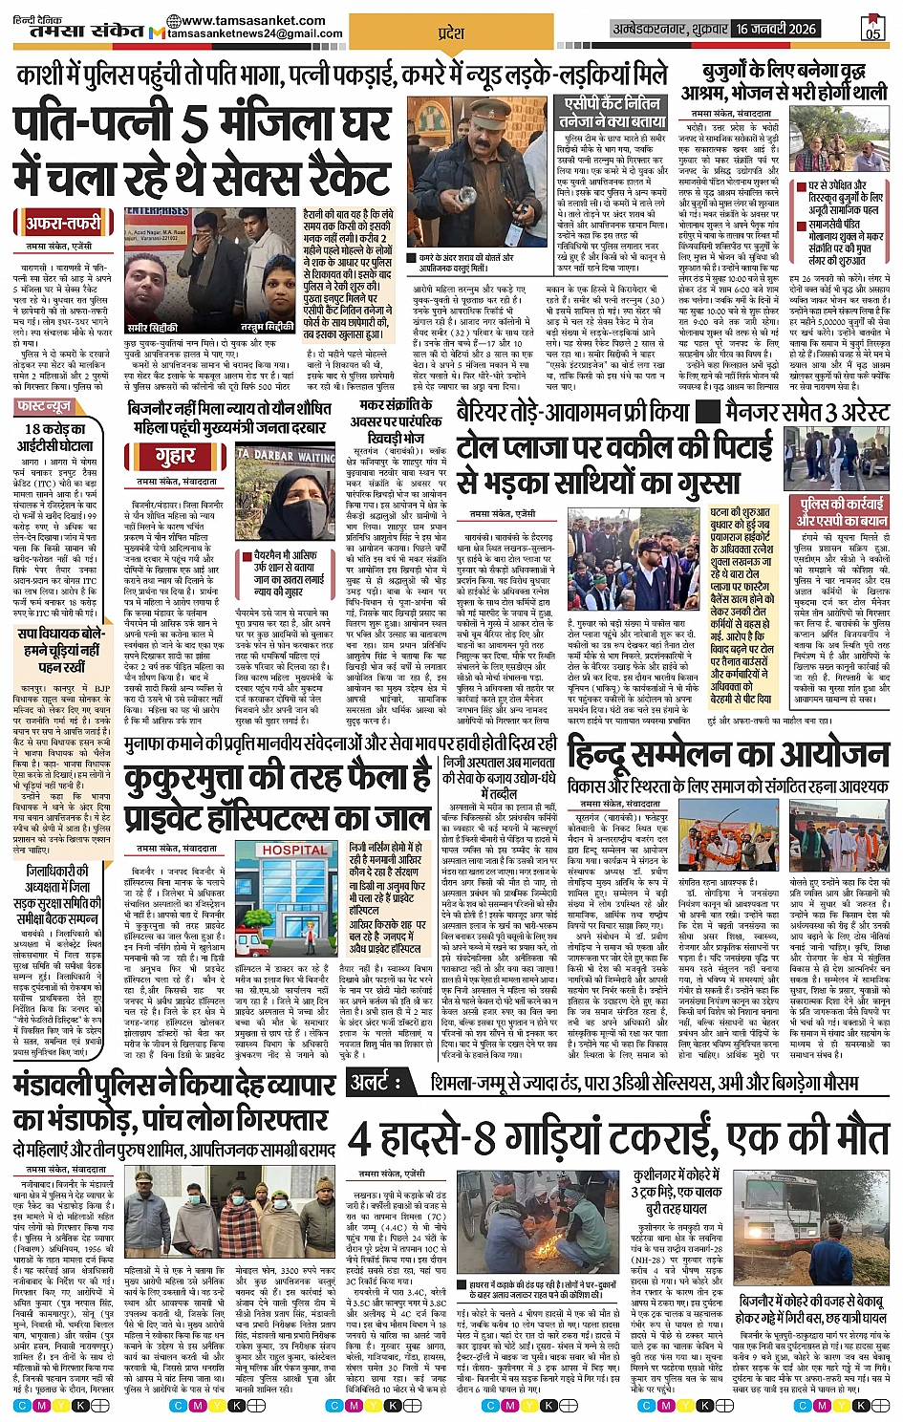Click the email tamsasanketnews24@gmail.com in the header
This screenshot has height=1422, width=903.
pos(255,33)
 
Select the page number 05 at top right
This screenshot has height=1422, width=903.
pos(872,33)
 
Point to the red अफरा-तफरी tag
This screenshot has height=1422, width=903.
pos(64,224)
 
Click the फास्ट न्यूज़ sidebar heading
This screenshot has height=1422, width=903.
pos(45,406)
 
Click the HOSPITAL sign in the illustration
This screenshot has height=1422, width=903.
pos(293,850)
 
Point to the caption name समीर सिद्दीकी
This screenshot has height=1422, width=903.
pos(153,328)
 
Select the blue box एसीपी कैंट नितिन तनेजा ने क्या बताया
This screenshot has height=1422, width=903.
pos(613,113)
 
